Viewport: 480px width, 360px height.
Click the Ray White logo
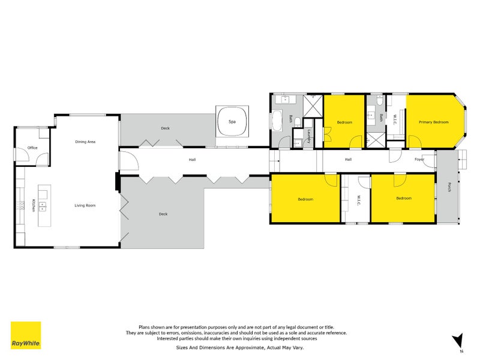coord(26,335)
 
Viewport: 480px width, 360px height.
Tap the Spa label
coord(232,122)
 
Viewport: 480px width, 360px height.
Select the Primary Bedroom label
coord(433,122)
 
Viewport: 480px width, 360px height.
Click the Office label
coord(32,148)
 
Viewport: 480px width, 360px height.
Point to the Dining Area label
coord(85,142)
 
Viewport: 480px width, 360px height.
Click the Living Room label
coord(85,205)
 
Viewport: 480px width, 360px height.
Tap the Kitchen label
coord(34,205)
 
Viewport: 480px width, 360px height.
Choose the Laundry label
coord(309,136)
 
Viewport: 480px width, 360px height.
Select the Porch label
coord(449,187)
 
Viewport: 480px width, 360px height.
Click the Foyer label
coord(419,160)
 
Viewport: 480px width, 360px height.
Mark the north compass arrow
coord(458,341)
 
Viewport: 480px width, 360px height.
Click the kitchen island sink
coord(43,207)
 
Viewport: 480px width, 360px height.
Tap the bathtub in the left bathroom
coord(277,121)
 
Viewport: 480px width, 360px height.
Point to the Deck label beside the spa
coord(166,128)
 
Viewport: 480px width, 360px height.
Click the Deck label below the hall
coord(163,214)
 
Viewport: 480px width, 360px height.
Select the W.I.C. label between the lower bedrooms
coord(359,200)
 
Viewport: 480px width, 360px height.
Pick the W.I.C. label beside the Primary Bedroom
coord(395,119)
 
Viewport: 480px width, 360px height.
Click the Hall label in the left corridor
coord(192,160)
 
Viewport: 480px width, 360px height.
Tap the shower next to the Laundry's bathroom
coord(313,106)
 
